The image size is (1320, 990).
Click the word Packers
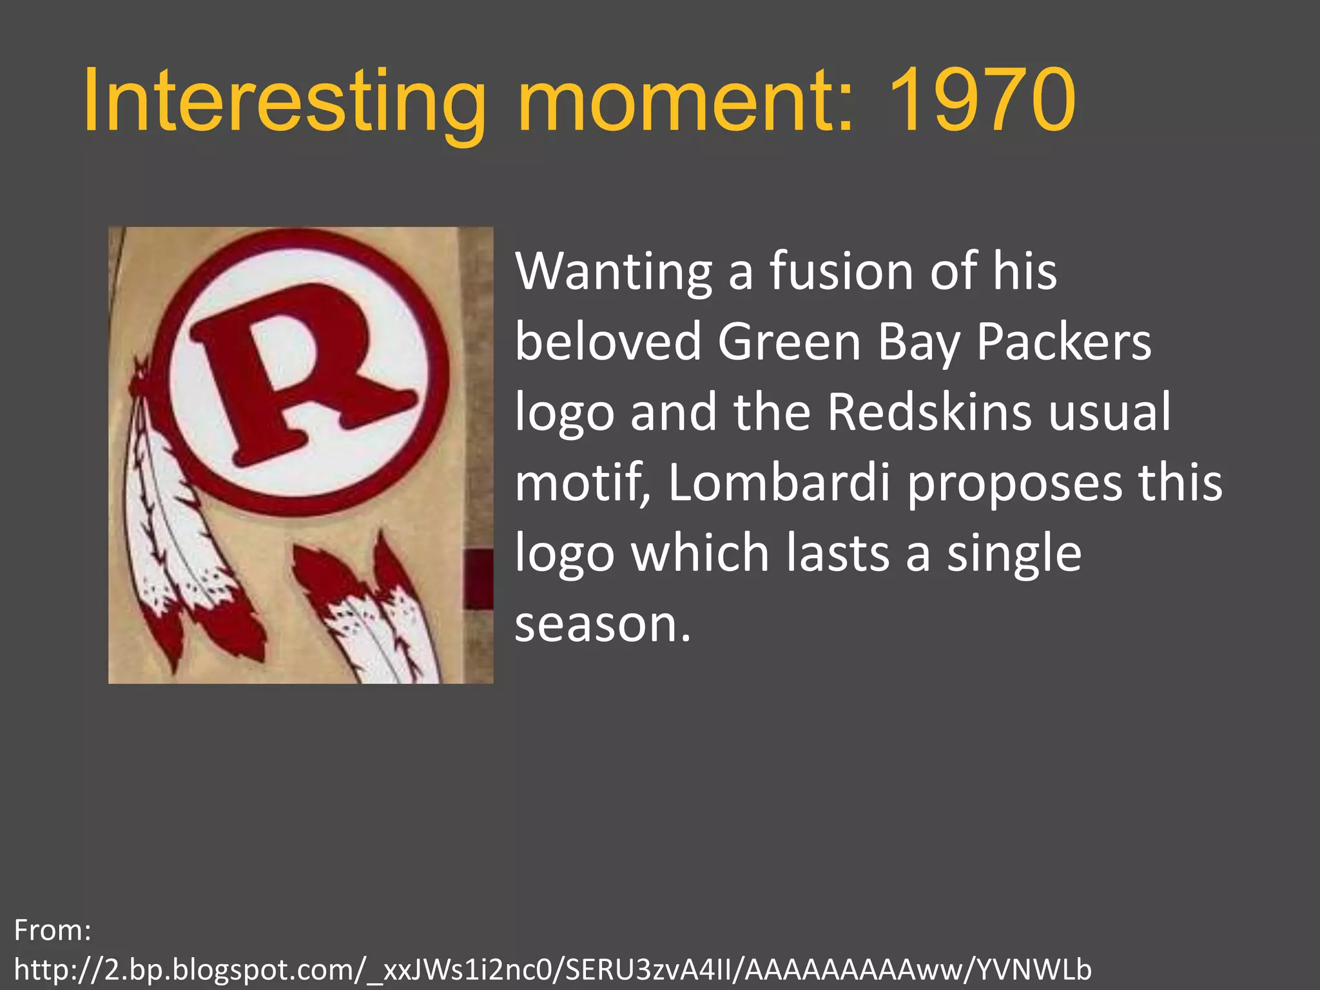pos(1063,342)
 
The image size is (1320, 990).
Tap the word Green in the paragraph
pos(790,342)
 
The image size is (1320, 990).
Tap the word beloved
pos(608,342)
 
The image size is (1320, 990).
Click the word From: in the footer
pos(53,930)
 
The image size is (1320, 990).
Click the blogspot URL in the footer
pos(552,969)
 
